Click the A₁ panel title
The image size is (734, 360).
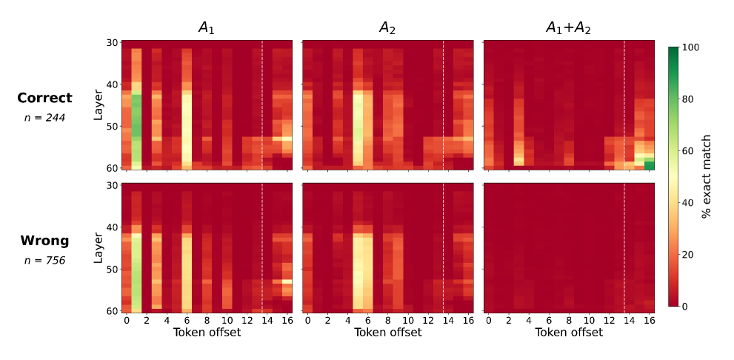pos(207,29)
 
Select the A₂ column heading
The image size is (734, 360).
pos(387,29)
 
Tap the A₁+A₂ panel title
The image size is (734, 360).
pos(568,29)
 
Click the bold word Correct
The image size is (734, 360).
pos(45,98)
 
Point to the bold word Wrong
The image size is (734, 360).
pos(45,241)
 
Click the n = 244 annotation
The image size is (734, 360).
pos(45,118)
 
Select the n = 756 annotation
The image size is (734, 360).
pos(45,260)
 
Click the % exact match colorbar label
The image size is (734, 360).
pos(707,176)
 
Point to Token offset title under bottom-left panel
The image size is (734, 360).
pos(207,333)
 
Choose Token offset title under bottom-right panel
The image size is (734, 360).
pos(569,333)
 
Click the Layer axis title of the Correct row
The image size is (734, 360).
pos(99,105)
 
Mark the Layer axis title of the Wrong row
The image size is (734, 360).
pos(99,248)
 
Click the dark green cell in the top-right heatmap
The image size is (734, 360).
pos(649,164)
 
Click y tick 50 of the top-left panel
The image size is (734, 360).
pos(113,127)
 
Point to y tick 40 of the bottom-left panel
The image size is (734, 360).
pos(113,227)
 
